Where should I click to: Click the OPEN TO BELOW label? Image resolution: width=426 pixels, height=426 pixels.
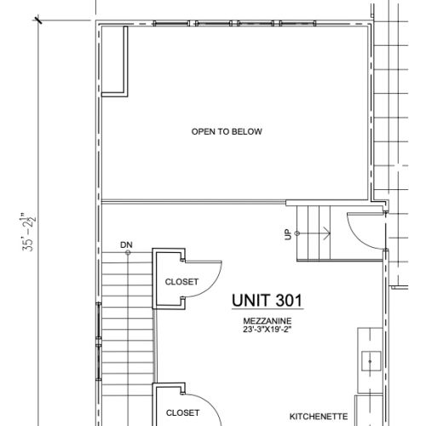[227, 132]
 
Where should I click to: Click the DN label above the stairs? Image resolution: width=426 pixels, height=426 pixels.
[126, 245]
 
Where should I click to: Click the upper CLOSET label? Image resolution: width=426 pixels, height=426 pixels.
[181, 282]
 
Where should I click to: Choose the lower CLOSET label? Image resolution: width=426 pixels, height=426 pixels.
[182, 413]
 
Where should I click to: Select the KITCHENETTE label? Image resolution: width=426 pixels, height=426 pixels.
[319, 417]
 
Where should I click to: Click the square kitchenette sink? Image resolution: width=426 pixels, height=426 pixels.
[371, 361]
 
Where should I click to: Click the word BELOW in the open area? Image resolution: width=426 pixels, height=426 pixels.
[248, 132]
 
